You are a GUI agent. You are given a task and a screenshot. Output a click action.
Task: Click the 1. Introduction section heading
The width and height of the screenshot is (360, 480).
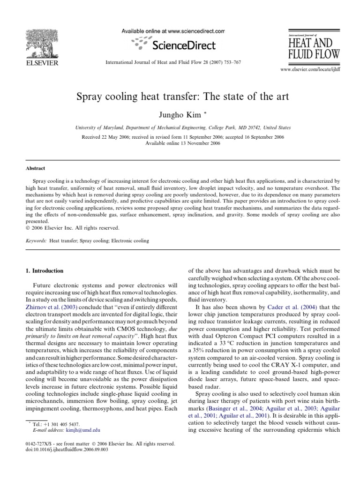pyautogui.click(x=47, y=270)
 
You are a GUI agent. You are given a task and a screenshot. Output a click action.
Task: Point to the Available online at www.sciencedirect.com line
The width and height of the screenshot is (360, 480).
pyautogui.click(x=173, y=31)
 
